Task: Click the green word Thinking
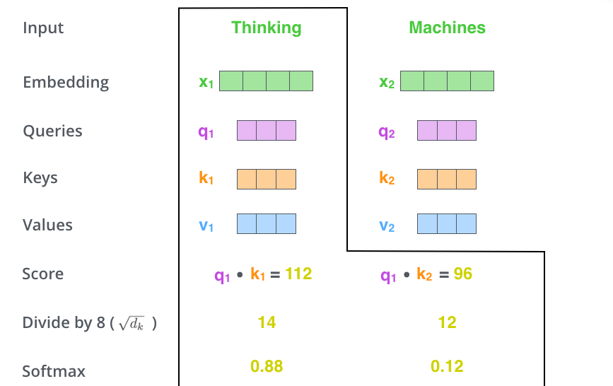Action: [266, 28]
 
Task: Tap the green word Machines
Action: [447, 28]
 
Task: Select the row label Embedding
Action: [66, 82]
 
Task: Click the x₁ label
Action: [206, 82]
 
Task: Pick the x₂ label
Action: [387, 82]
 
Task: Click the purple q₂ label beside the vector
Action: [387, 132]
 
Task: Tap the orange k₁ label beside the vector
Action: [206, 179]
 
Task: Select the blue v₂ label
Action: [387, 226]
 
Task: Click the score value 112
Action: [298, 274]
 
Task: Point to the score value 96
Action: [463, 274]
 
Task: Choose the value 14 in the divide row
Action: [267, 322]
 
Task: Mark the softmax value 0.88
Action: [267, 366]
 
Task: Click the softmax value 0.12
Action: [447, 366]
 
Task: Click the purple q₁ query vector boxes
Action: [266, 131]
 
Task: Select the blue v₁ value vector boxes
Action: [266, 224]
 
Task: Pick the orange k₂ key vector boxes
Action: [447, 177]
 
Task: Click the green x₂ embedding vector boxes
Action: [447, 81]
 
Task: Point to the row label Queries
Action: [52, 131]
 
